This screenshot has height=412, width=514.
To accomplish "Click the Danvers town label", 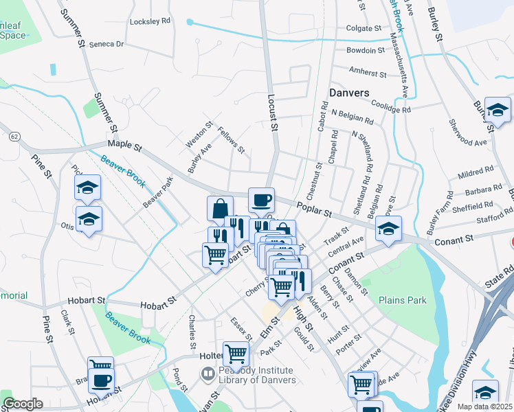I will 349,93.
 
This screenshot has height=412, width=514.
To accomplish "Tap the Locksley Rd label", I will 150,21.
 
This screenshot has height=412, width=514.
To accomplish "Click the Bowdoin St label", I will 366,50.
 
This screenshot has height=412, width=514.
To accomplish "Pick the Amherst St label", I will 368,72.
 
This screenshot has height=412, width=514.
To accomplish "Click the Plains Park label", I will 402,300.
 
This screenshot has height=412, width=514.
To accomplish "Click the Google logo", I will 23,404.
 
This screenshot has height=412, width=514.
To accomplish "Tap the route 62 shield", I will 14,137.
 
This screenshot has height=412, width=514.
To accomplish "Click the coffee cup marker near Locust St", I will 261,201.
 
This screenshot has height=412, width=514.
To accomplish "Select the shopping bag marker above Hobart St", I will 220,209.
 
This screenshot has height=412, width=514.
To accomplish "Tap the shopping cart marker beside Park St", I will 236,354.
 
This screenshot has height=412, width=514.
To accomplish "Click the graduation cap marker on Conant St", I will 388,229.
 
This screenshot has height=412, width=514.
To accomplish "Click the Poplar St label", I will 315,205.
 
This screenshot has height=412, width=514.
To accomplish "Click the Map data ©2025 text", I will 485,407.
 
